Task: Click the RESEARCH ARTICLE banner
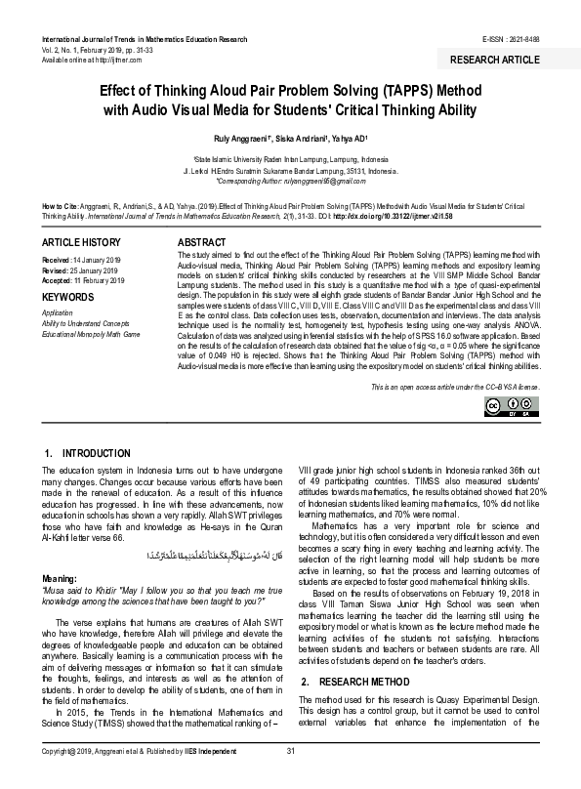coord(494,61)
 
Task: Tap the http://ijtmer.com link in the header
coord(105,61)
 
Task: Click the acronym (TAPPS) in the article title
coord(368,89)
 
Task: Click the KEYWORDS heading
coord(67,296)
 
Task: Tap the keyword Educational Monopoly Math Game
coord(91,334)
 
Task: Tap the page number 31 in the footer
coord(290,776)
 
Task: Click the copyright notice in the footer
coord(149,776)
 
